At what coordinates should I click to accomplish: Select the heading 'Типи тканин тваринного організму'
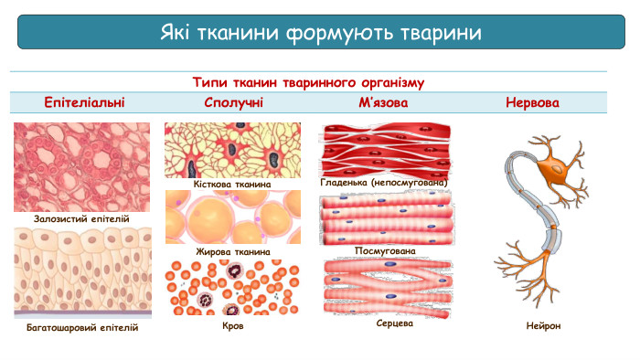(308, 82)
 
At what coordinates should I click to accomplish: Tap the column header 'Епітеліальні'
(85, 102)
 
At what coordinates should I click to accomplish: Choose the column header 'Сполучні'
(234, 102)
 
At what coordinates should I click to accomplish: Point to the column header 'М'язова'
(383, 102)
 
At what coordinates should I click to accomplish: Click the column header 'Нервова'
(532, 102)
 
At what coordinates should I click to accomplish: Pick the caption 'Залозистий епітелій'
(81, 219)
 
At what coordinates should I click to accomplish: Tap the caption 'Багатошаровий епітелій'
(82, 327)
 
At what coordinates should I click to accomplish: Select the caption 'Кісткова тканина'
(232, 184)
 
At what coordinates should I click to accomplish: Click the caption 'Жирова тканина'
(232, 251)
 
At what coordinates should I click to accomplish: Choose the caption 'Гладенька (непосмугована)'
(384, 182)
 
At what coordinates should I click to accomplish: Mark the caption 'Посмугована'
(385, 250)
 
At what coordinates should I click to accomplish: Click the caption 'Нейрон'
(544, 325)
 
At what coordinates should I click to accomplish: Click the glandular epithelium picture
(81, 166)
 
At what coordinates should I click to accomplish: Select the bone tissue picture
(232, 150)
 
